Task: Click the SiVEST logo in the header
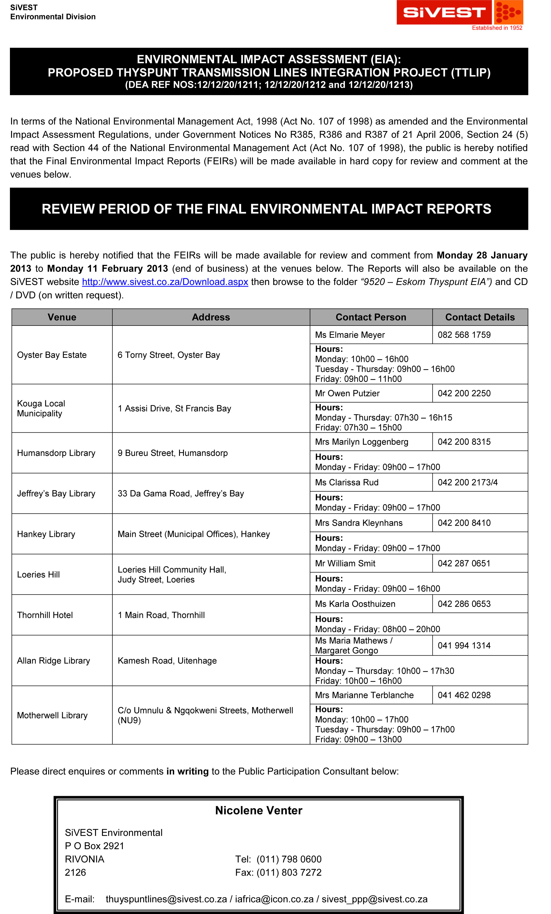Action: coord(459,12)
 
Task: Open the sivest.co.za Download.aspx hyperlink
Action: coord(165,282)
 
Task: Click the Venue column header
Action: coord(62,317)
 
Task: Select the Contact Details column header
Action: coord(480,317)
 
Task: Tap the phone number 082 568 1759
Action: coord(464,335)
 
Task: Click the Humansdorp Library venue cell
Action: coord(56,453)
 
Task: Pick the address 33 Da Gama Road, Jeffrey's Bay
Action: coord(181,493)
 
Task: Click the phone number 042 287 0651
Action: coord(464,563)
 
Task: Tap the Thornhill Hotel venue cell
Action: coord(45,615)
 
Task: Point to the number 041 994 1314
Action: coord(464,645)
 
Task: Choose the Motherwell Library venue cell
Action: coord(52,715)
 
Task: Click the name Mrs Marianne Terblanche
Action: coord(364,695)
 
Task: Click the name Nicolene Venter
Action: coord(259,810)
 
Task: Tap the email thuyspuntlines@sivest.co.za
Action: coord(166,899)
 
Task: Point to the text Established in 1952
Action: coord(497,28)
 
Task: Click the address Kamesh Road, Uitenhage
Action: coord(167,661)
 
